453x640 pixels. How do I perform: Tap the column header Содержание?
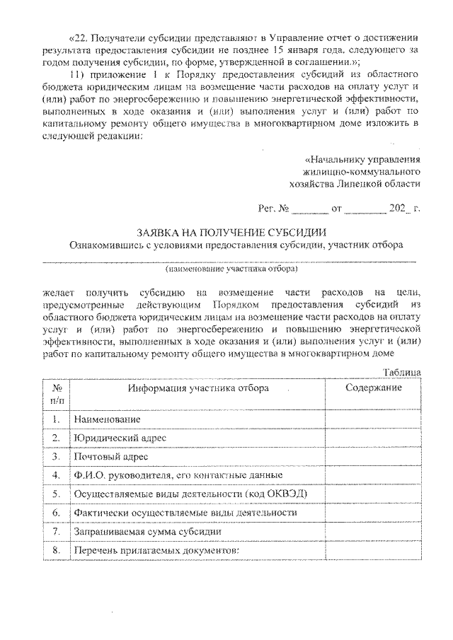[373, 388]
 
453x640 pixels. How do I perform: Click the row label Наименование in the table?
[104, 420]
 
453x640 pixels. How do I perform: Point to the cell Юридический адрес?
[119, 438]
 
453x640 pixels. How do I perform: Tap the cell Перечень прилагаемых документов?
[157, 549]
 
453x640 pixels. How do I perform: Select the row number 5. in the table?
[56, 494]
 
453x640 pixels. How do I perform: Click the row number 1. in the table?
[56, 420]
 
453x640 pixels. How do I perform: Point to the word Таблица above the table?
[402, 372]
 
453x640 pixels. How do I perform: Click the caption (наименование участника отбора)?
[231, 269]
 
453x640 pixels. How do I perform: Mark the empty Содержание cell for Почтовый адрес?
[373, 457]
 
